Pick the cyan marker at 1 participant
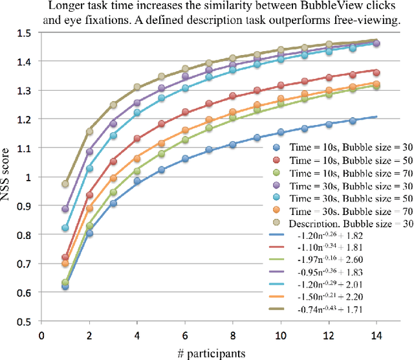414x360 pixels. [65, 228]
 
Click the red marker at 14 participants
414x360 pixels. [376, 73]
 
